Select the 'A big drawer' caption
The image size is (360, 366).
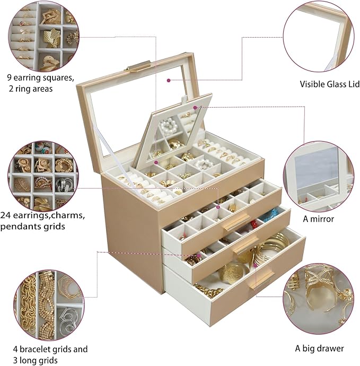click(x=319, y=348)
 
